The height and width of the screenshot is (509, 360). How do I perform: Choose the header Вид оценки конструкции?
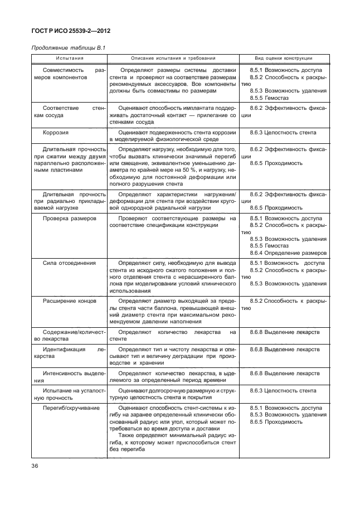click(284, 58)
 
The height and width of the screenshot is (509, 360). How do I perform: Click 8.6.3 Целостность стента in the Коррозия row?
click(283, 133)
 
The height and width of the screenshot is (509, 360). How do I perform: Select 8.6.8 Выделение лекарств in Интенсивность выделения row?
click(285, 373)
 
